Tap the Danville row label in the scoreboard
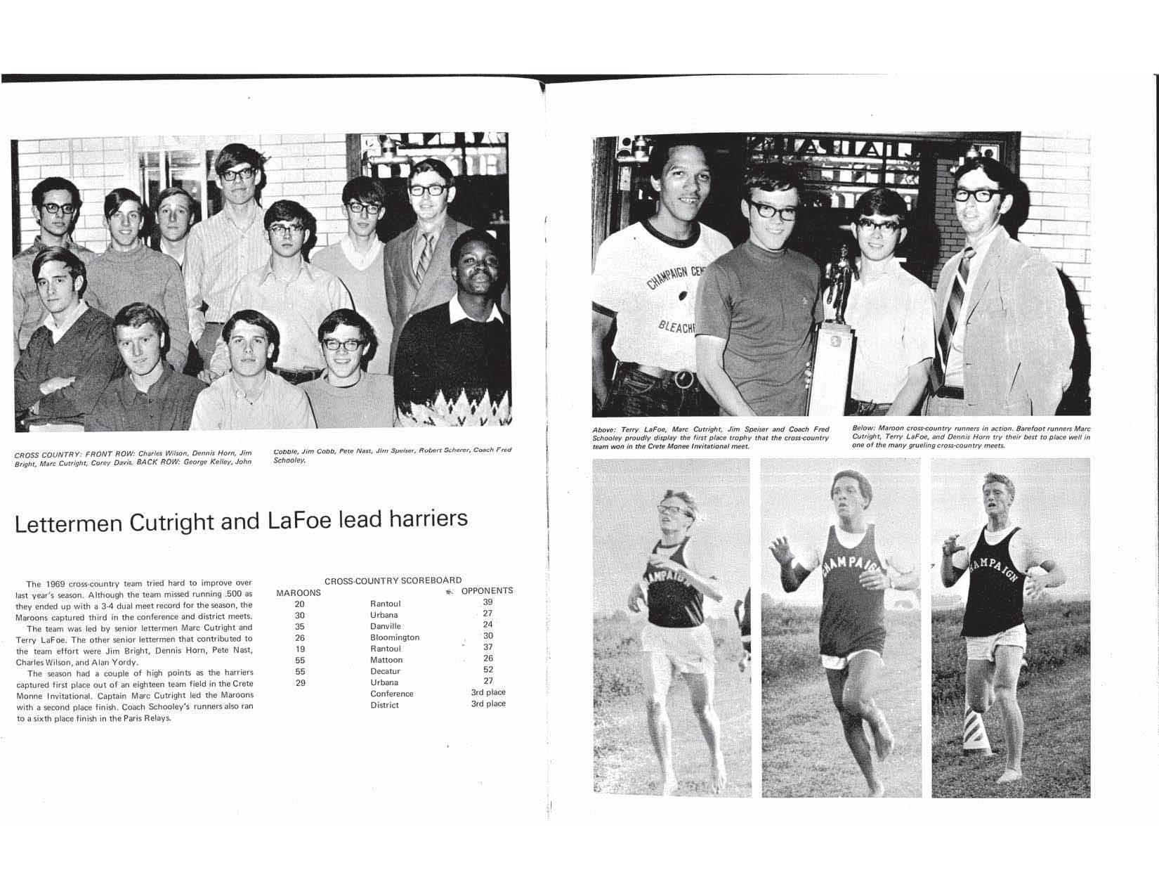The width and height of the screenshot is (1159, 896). [x=386, y=626]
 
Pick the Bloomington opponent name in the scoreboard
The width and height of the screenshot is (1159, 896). [x=395, y=637]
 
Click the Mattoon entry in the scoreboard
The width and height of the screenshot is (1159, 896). [x=386, y=660]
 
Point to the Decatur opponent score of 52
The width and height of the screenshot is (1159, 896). [x=488, y=670]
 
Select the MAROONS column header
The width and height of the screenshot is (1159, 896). [x=299, y=592]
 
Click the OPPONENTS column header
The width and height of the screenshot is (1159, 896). [x=487, y=590]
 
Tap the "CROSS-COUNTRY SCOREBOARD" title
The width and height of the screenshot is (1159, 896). [x=393, y=580]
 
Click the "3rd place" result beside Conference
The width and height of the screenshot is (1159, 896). [x=488, y=692]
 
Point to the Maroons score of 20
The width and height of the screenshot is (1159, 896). [x=300, y=604]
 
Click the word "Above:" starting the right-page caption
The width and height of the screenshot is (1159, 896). [x=604, y=429]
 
